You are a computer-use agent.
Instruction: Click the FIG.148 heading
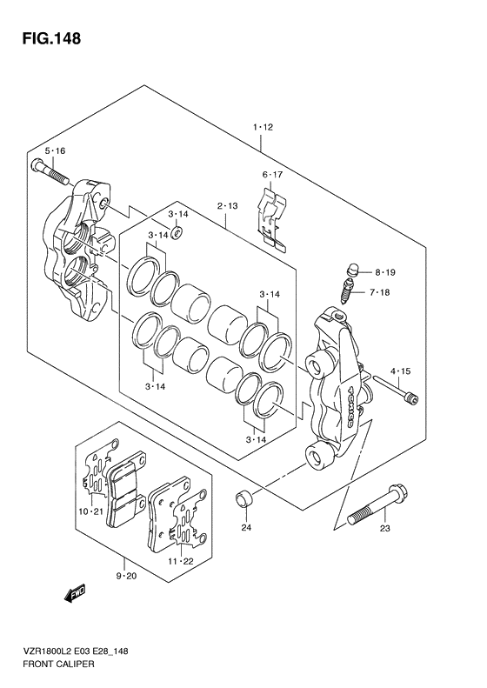coord(51,38)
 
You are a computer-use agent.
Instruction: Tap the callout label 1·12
coord(263,127)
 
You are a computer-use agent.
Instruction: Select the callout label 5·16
coord(55,151)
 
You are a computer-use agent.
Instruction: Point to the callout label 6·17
coord(272,175)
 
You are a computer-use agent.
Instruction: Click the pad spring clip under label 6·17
coord(272,220)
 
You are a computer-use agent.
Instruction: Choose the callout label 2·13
coord(227,206)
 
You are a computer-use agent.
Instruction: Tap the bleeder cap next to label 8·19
coord(352,269)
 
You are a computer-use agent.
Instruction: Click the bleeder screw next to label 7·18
coord(347,291)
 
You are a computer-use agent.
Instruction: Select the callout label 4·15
coord(400,371)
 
